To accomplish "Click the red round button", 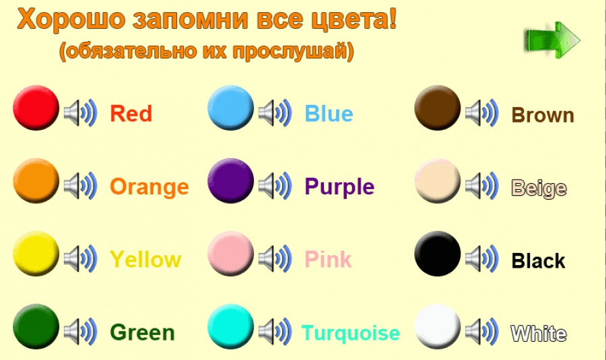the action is (x=36, y=108).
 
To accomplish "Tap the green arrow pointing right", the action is (x=553, y=40).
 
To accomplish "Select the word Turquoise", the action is (x=351, y=333).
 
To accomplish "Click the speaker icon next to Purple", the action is (x=275, y=186).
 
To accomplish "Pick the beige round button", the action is (x=438, y=181).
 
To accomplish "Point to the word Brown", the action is (x=543, y=115).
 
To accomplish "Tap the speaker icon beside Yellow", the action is (x=80, y=258).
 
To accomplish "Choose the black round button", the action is (x=438, y=254).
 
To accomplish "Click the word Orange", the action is (x=149, y=187).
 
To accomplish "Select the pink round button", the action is (x=231, y=254).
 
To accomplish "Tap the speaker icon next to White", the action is (x=482, y=332).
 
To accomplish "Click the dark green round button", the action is (x=36, y=327).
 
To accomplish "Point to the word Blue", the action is (x=329, y=113).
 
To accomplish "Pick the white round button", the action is (x=438, y=327).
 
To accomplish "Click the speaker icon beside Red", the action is (x=80, y=113).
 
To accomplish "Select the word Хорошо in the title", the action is (x=71, y=19).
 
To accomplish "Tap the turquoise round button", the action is (x=231, y=327).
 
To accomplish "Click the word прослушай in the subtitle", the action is (x=290, y=51).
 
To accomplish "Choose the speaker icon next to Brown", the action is (x=482, y=113).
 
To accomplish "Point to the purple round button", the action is (x=231, y=181).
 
